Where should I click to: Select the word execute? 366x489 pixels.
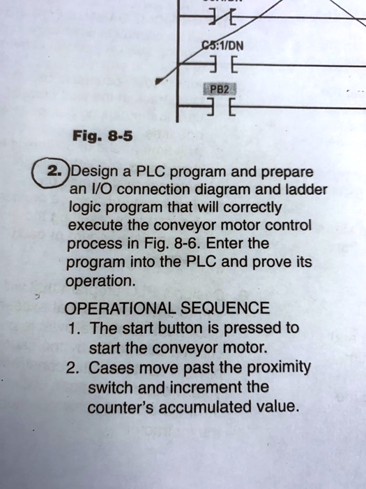95,226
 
